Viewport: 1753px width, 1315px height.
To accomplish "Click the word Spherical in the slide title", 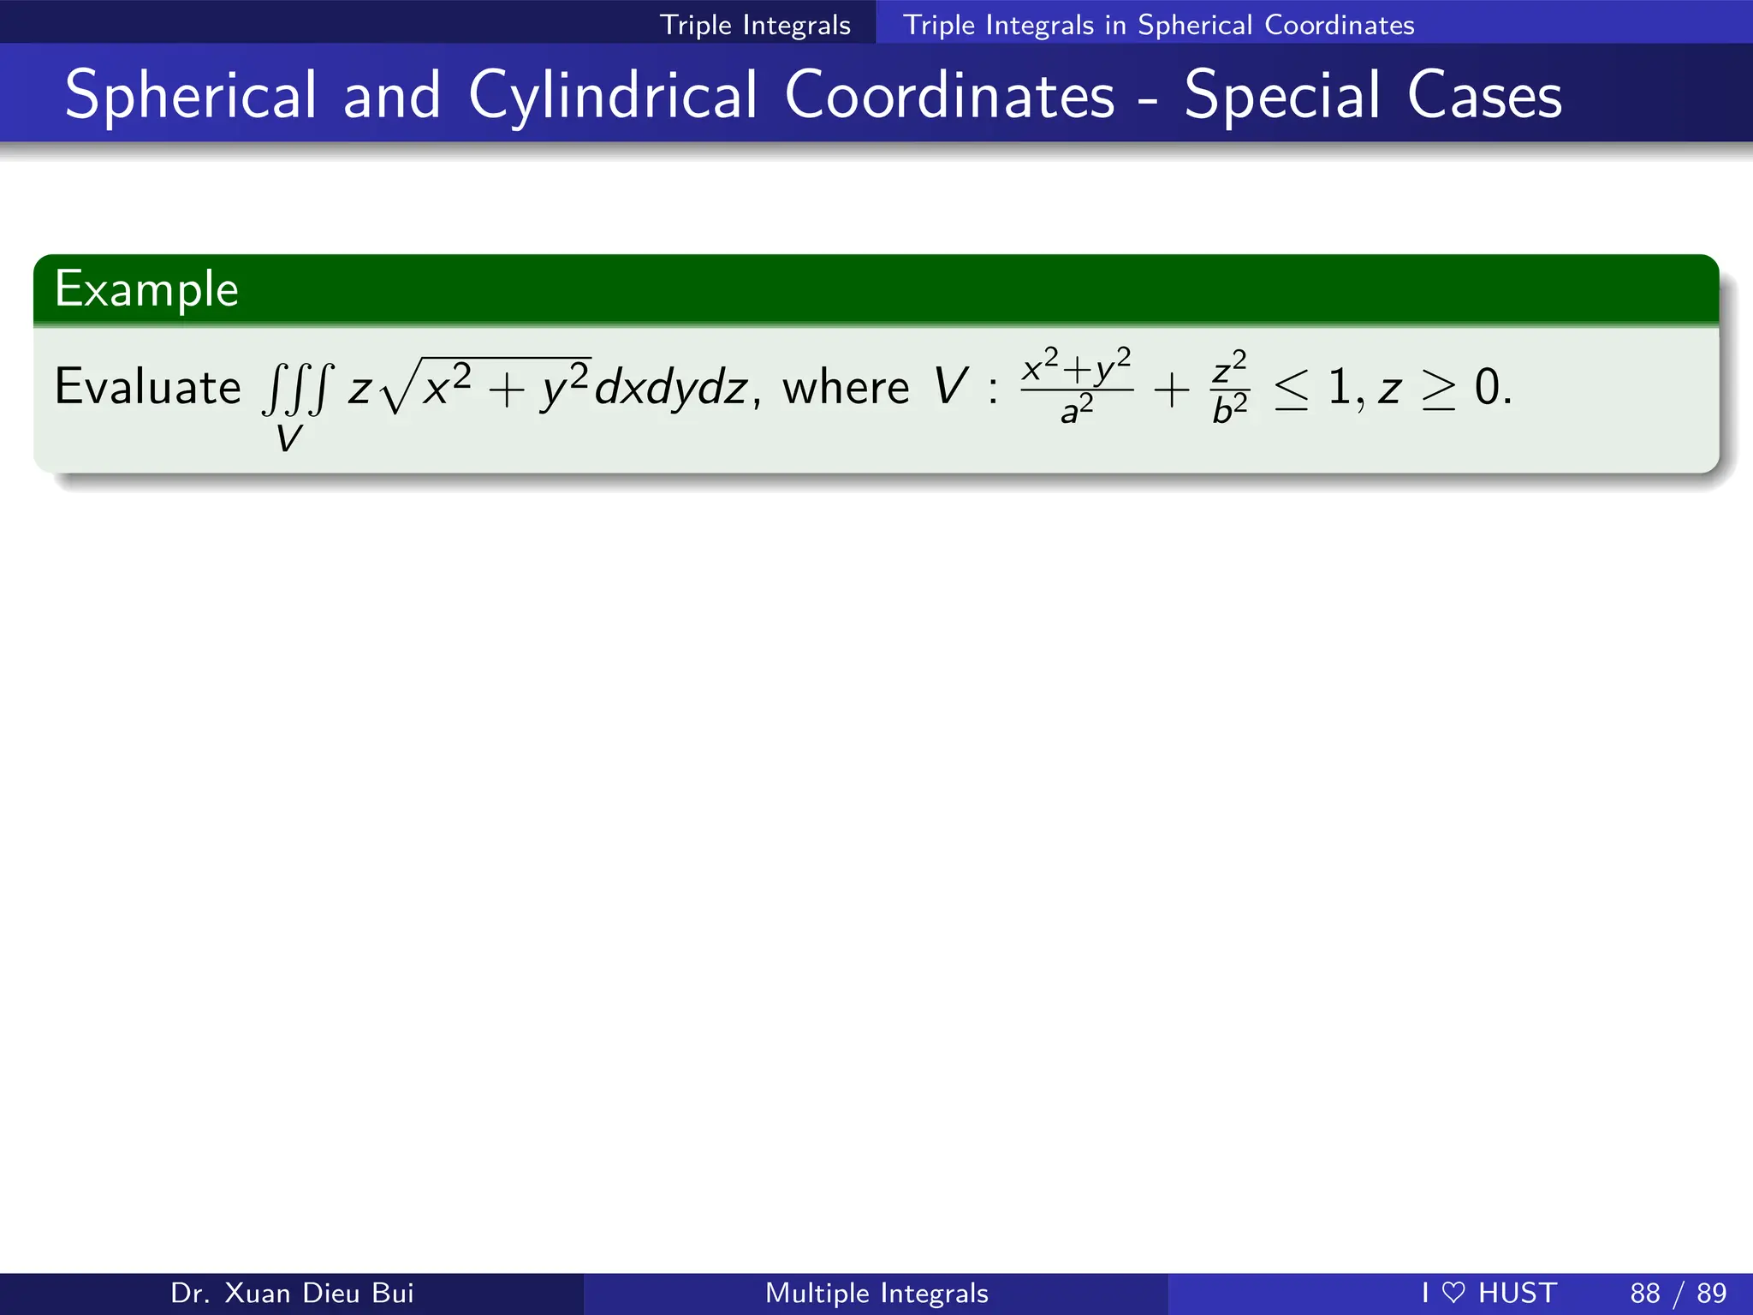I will [191, 96].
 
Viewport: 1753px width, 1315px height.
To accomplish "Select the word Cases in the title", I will [1484, 96].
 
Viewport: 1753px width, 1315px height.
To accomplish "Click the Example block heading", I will [146, 289].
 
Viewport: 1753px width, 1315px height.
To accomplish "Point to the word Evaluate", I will [147, 387].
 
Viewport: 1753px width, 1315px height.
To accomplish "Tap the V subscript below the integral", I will [288, 439].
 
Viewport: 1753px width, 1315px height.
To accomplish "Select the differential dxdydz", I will [671, 388].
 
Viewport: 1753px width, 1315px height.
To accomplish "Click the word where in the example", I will [846, 388].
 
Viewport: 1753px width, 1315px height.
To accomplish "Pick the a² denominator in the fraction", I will [1077, 410].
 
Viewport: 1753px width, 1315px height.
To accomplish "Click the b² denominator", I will [1230, 410].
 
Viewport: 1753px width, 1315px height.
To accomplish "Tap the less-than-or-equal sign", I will [1291, 390].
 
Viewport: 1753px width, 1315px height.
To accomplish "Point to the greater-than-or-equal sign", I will [1438, 390].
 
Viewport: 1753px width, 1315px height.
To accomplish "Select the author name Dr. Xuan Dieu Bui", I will [292, 1293].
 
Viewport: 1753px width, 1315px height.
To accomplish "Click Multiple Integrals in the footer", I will [876, 1293].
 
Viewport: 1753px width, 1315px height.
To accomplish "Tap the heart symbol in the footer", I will [1453, 1293].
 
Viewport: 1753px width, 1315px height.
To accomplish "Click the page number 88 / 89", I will [1678, 1293].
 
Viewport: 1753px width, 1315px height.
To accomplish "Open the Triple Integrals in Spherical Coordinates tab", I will [1158, 25].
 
